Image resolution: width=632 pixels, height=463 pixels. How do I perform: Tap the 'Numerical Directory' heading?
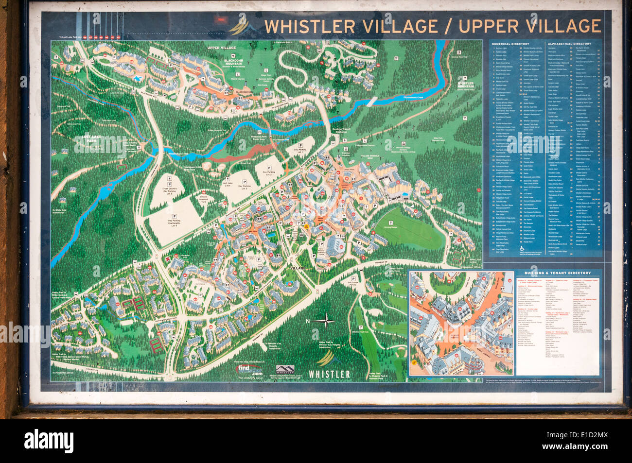510,44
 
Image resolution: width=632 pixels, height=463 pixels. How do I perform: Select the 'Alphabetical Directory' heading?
569,44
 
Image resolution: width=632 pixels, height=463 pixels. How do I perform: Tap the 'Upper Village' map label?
221,48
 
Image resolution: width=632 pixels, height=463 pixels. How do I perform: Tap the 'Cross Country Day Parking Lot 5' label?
169,189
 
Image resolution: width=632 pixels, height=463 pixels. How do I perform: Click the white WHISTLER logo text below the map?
329,374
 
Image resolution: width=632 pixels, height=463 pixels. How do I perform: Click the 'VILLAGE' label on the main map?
298,268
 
